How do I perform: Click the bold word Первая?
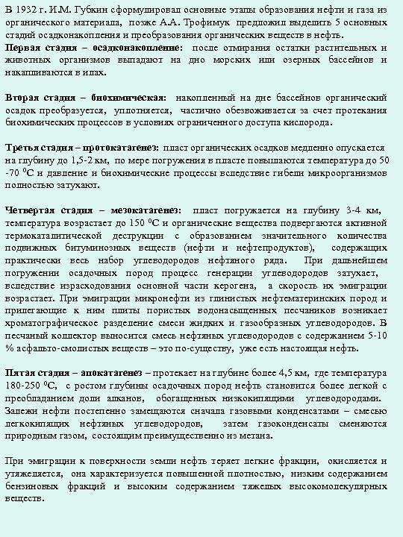[x=25, y=48]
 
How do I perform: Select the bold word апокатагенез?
[x=110, y=372]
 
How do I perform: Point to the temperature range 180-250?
[x=25, y=385]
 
